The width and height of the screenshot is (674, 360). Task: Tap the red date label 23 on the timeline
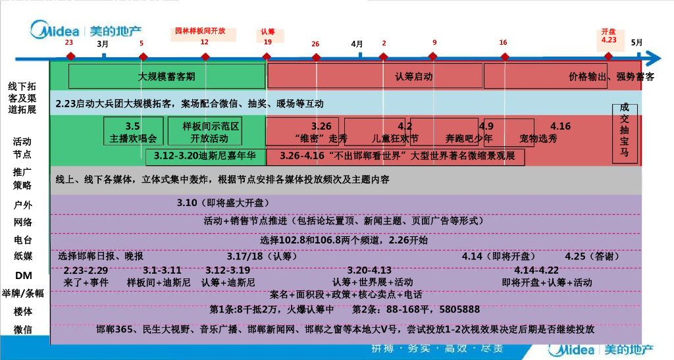tap(69, 42)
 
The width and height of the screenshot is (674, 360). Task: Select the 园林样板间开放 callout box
tap(200, 31)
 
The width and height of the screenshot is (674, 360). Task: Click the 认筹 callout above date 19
tap(268, 32)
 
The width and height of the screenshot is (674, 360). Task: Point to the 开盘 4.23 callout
tap(609, 36)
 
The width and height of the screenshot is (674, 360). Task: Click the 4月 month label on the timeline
tap(357, 43)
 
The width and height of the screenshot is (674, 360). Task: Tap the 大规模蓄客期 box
tap(167, 76)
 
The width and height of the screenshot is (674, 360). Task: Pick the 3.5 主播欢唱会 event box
tap(134, 132)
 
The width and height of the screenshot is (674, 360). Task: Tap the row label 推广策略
tap(22, 178)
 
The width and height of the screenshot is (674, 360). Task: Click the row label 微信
tap(22, 329)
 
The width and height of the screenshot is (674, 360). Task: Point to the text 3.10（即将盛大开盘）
tap(223, 203)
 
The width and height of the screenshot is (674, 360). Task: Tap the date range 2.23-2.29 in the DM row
tap(86, 270)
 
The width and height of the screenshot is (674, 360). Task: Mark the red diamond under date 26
tap(317, 57)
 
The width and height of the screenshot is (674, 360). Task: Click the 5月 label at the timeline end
tap(636, 42)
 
